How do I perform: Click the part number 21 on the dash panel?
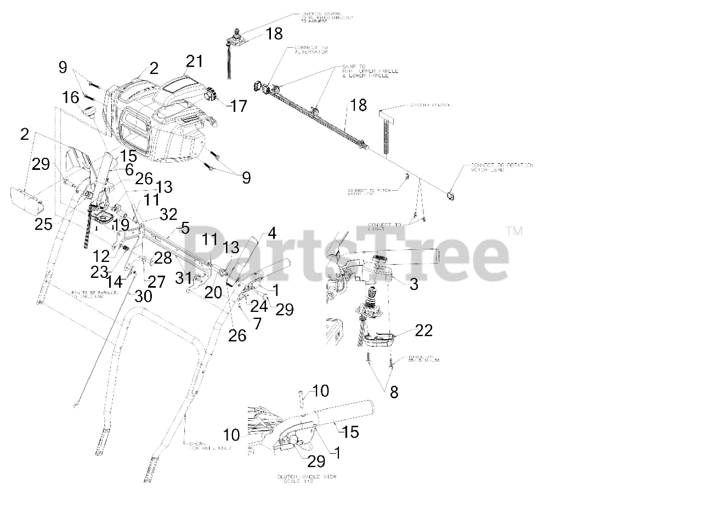tap(194, 61)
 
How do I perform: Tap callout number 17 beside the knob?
tap(239, 105)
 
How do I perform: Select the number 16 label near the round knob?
tap(71, 98)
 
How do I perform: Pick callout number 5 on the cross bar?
tap(185, 227)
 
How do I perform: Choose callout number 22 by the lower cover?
tap(424, 330)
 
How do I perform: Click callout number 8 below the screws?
tap(394, 392)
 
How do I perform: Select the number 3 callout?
tap(414, 284)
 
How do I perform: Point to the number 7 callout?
tap(257, 323)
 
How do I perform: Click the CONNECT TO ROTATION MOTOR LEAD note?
tap(501, 167)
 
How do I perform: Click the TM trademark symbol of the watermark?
tap(514, 231)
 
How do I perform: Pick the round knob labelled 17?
tap(210, 97)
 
